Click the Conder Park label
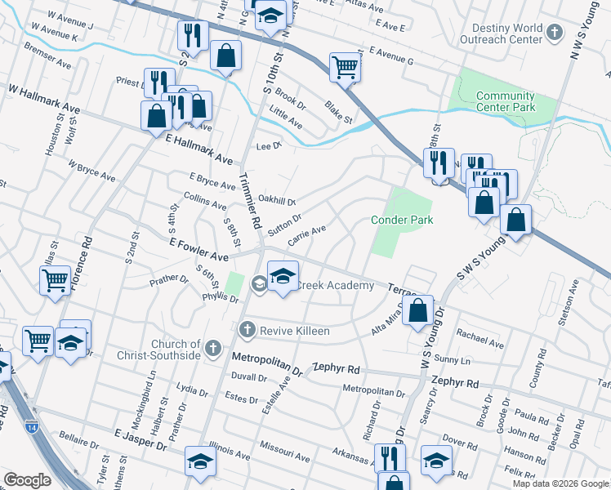click(x=401, y=220)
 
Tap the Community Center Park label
click(x=506, y=101)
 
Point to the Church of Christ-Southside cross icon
click(x=213, y=349)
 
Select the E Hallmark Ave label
click(x=199, y=150)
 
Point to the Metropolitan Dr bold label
click(x=267, y=364)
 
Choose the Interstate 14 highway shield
click(x=31, y=426)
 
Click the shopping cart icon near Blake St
click(x=346, y=67)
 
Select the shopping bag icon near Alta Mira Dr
click(x=417, y=311)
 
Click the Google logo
click(x=27, y=480)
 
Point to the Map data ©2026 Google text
click(x=560, y=483)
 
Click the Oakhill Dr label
click(x=276, y=199)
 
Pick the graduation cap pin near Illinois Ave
click(x=200, y=461)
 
